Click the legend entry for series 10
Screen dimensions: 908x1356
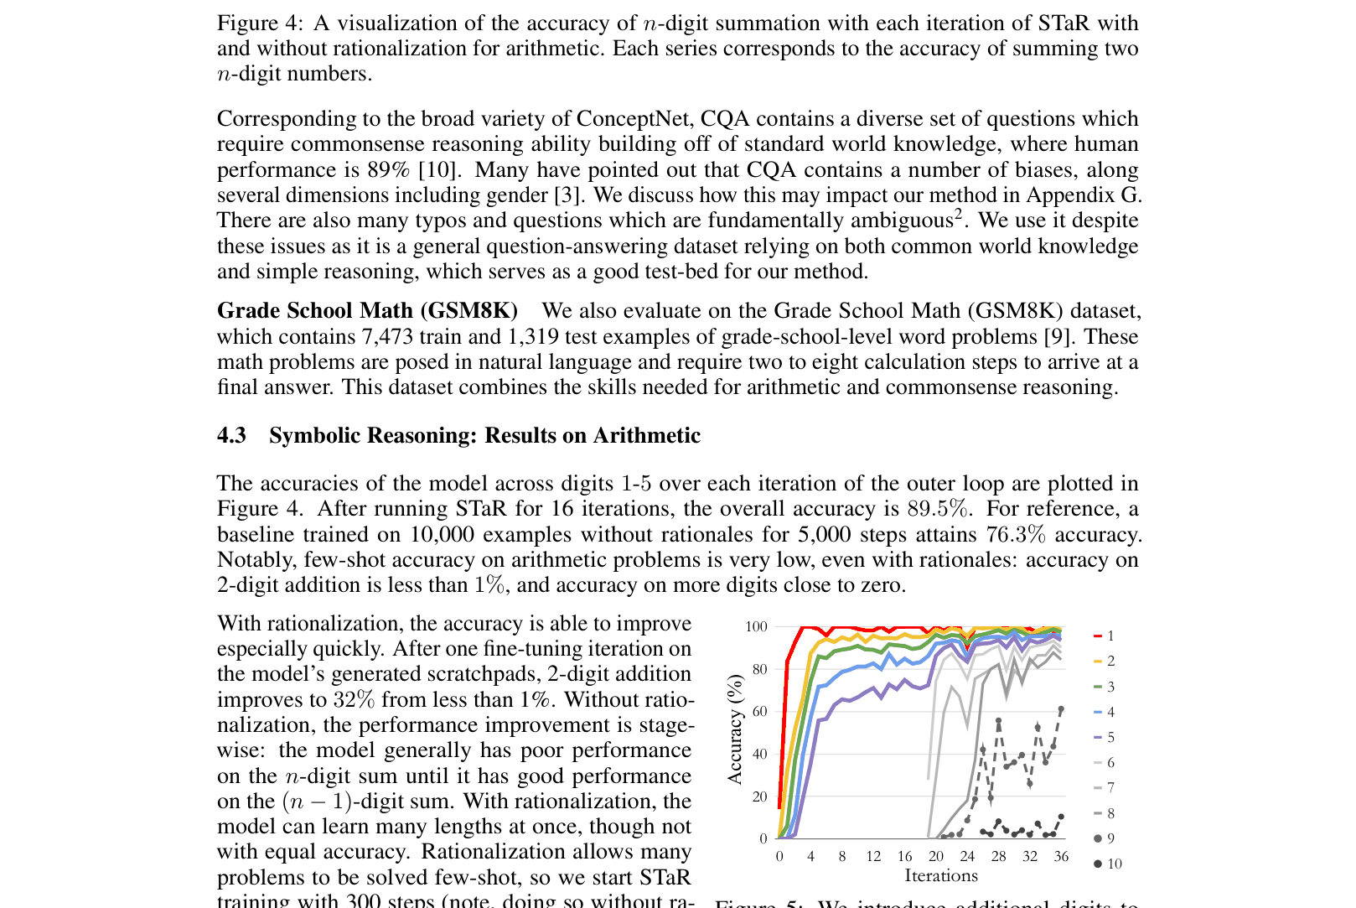coord(1108,864)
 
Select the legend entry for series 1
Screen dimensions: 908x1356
coord(1105,636)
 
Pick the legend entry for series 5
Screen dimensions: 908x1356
coord(1105,737)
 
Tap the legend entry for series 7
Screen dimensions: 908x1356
coord(1105,788)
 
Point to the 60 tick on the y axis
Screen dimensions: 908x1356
coord(759,712)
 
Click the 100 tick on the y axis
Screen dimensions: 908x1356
coord(756,626)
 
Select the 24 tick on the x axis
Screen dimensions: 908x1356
coord(967,856)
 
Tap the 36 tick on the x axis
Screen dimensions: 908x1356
coord(1061,856)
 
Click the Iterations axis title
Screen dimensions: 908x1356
coord(940,875)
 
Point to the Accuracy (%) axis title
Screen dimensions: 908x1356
coord(735,729)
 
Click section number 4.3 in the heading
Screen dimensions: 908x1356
coord(231,435)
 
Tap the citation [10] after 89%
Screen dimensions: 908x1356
coord(438,170)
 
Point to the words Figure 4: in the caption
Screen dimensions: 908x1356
coord(260,23)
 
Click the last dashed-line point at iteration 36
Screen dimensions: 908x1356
coord(1061,709)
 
